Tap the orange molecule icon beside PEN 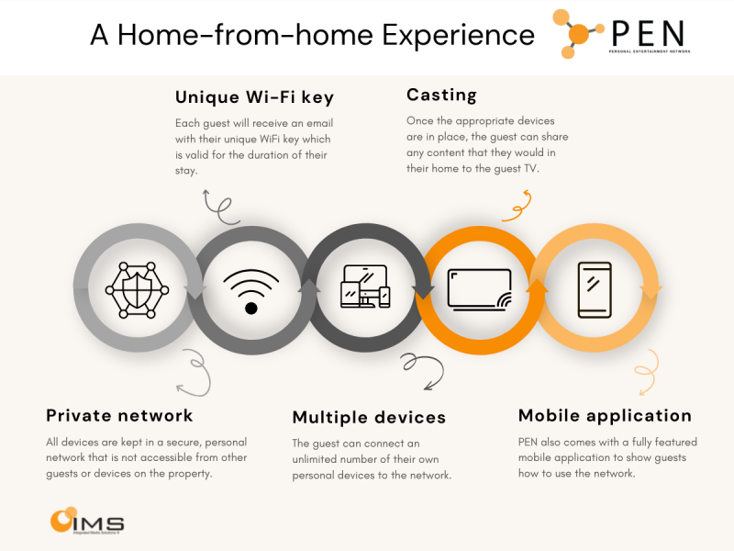[x=577, y=34]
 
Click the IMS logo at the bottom [x=87, y=521]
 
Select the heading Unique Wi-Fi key [x=255, y=97]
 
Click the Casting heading [x=442, y=96]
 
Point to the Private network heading [x=119, y=416]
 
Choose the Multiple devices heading [x=369, y=418]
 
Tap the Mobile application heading [x=605, y=416]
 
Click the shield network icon [x=137, y=290]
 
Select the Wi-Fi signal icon [x=251, y=291]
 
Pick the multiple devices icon [x=365, y=287]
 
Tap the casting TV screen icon [x=479, y=290]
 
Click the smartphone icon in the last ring [x=595, y=290]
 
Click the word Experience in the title [x=458, y=35]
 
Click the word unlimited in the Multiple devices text [x=317, y=459]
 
